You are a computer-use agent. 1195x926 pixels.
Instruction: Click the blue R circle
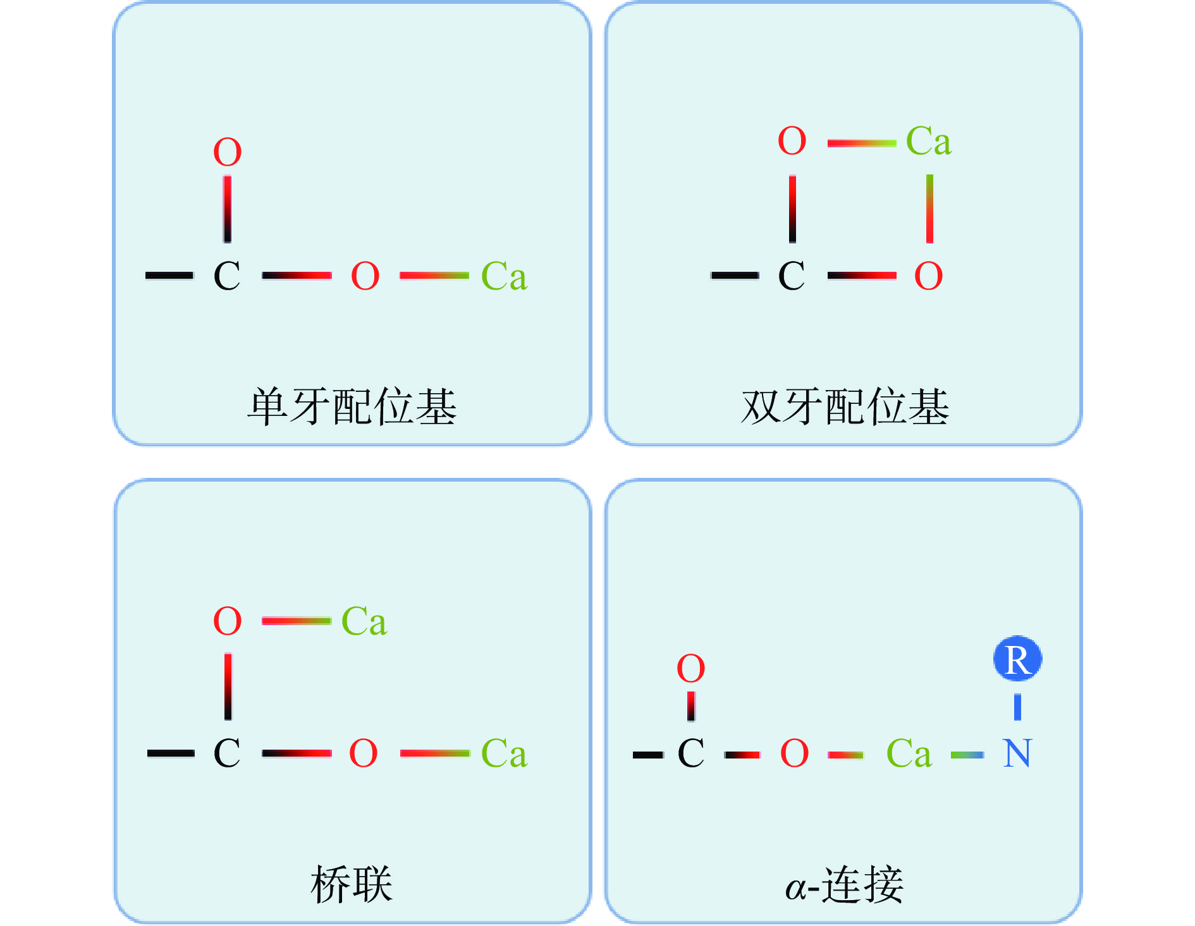pos(1017,659)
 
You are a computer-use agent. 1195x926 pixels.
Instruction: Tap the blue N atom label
pos(1017,753)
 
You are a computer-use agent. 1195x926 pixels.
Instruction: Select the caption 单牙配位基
pos(352,406)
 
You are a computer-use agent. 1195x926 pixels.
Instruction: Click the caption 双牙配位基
pos(845,406)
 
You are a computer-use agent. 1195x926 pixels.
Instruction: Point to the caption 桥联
pos(352,884)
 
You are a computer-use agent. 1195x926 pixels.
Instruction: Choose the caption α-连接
pos(845,884)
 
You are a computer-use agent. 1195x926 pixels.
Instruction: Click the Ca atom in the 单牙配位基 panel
pos(504,276)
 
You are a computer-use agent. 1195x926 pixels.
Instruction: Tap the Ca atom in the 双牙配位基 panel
pos(928,140)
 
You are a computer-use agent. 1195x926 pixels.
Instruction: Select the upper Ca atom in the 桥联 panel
pos(364,621)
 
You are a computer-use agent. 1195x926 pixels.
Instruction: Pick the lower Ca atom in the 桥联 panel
pos(504,753)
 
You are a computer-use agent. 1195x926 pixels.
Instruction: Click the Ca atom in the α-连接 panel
pos(909,753)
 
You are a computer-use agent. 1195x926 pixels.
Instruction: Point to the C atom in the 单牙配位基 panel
pos(227,276)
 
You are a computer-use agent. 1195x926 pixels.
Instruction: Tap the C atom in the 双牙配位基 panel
pos(792,276)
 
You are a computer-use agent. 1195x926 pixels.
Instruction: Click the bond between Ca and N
pos(967,754)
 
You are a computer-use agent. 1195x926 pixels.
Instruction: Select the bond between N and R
pos(1017,707)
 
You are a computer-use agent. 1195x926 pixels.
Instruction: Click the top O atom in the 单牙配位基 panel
pos(228,152)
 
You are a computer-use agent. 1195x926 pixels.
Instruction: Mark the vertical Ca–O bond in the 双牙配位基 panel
pos(929,209)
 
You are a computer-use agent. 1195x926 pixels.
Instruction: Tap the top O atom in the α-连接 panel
pos(690,668)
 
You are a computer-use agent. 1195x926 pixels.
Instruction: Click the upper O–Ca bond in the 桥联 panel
pos(297,621)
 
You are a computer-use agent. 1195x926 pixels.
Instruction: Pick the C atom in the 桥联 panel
pos(227,753)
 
